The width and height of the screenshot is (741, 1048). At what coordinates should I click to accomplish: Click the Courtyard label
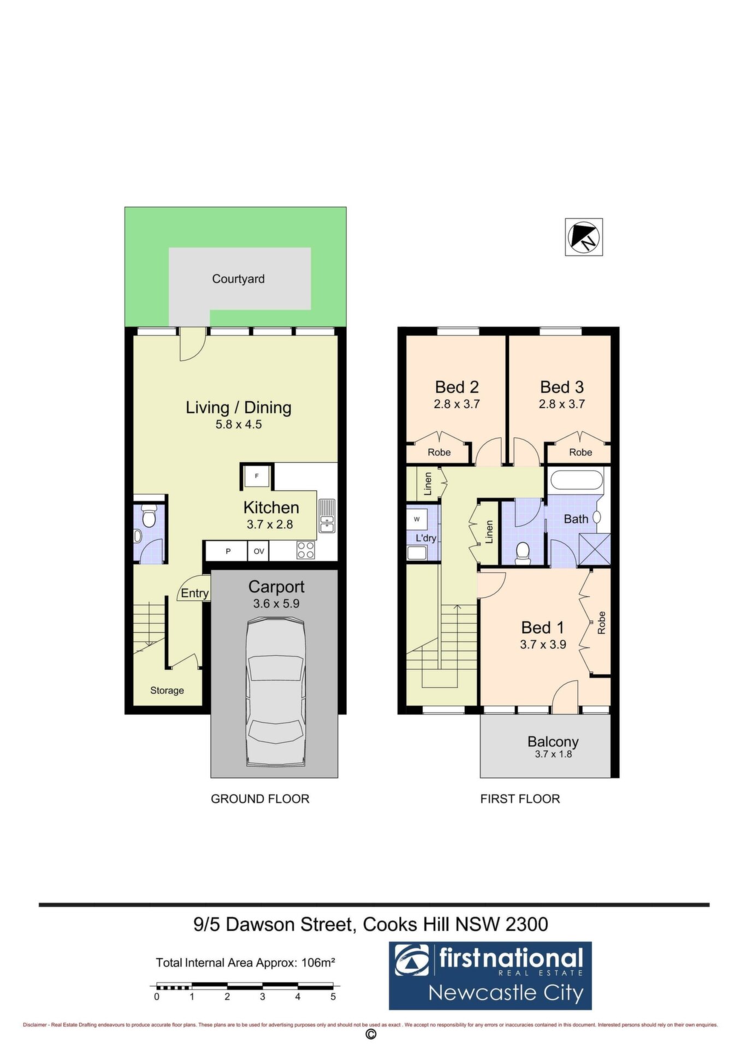(x=238, y=279)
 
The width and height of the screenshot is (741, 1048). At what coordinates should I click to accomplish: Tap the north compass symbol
(x=584, y=237)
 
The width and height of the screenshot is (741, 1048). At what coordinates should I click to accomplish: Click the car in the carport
(x=275, y=692)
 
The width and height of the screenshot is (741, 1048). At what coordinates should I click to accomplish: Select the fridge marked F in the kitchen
(x=256, y=477)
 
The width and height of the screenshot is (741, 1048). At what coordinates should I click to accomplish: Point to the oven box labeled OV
(x=259, y=551)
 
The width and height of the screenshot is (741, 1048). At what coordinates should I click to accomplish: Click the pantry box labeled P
(x=228, y=551)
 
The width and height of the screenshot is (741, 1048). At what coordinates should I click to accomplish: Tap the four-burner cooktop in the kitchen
(x=305, y=550)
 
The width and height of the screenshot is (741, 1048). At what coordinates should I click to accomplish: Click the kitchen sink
(x=327, y=516)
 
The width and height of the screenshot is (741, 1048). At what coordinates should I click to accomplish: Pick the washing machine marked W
(x=417, y=519)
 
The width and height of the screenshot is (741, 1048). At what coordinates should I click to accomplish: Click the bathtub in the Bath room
(x=576, y=480)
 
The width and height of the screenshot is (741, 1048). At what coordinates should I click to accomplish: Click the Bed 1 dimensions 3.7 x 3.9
(x=543, y=644)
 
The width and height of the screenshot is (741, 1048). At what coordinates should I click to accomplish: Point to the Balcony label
(x=553, y=741)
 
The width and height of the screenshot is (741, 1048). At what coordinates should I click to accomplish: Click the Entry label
(x=194, y=593)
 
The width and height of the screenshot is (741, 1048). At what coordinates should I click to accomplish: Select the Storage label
(x=167, y=690)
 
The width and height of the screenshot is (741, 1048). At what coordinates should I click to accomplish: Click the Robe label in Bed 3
(x=580, y=452)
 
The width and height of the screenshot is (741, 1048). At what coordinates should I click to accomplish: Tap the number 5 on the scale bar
(x=333, y=997)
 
